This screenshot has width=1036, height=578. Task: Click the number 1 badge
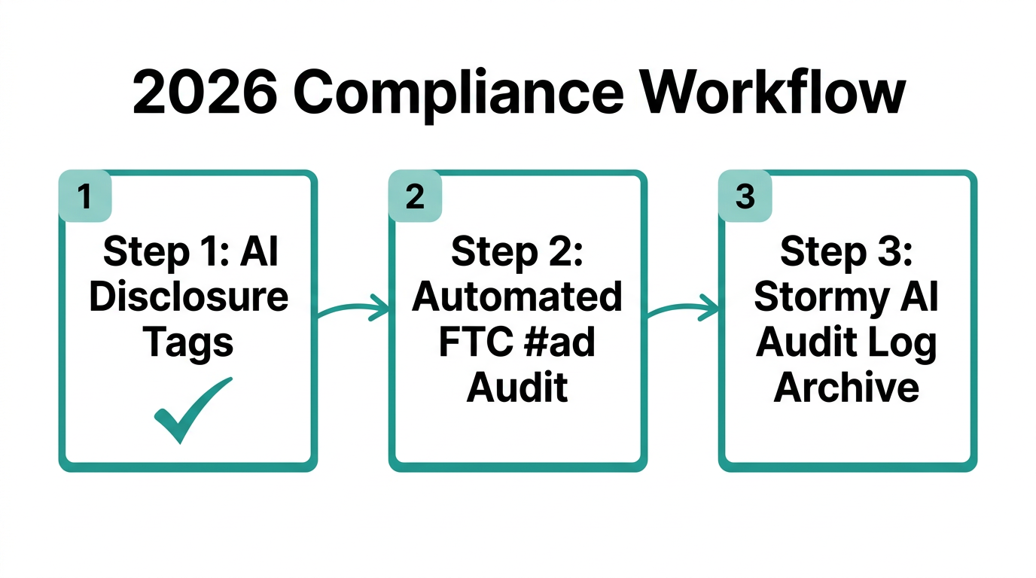coord(85,197)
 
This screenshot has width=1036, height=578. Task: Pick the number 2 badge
coord(415,197)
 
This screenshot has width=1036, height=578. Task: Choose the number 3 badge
coord(745,197)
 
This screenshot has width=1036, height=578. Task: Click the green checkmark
coord(192,410)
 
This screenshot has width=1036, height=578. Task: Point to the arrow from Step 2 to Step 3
coord(682,306)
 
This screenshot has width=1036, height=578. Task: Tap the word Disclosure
coord(188,297)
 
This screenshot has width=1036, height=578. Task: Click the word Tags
coord(188,343)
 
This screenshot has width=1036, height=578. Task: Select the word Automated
coord(517,297)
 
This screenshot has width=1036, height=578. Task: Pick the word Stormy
coord(816,299)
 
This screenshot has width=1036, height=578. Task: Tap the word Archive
coord(847,388)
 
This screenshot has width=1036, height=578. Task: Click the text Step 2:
coord(517,252)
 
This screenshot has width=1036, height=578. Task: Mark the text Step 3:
coord(847,252)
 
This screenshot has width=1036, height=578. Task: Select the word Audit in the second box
coord(517,388)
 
